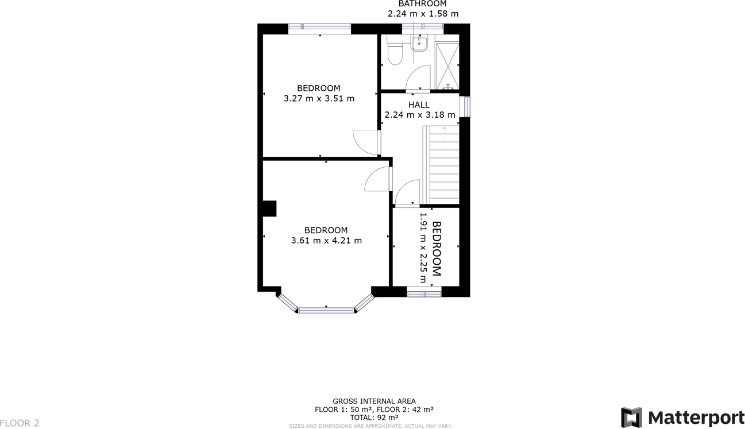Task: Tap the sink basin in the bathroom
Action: coord(419,42)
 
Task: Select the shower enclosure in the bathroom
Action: coord(447,64)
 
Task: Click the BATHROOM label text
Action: coord(422,4)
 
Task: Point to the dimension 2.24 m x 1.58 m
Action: coord(423,14)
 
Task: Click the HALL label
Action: coord(419,105)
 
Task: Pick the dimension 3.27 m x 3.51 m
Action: coord(319,98)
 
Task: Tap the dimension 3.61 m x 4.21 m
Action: coord(326,241)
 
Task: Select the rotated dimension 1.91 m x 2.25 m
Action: coord(423,248)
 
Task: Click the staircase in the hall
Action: coord(441,165)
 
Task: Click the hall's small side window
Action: coord(467,107)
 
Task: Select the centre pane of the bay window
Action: coord(326,310)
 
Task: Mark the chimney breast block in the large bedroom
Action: coord(269,208)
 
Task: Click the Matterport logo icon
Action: coord(631,417)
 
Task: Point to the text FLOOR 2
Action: coord(20,423)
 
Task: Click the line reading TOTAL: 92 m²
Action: coord(374,418)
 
